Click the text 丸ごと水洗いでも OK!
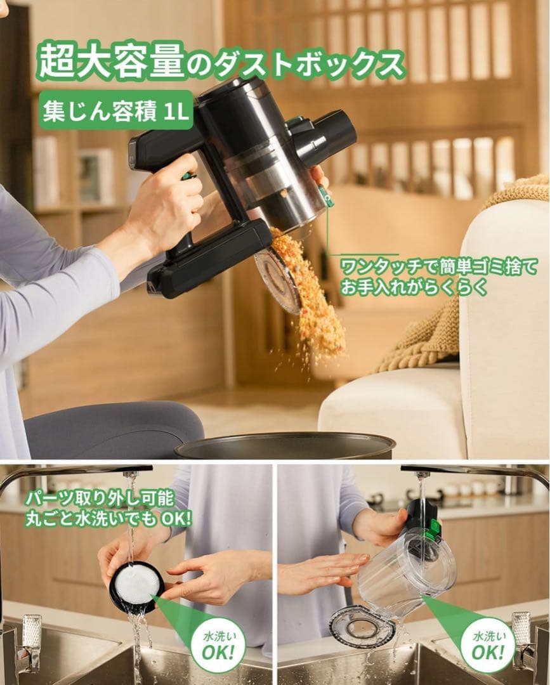click(x=108, y=518)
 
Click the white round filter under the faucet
click(x=136, y=584)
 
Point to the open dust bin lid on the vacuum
click(x=278, y=279)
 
